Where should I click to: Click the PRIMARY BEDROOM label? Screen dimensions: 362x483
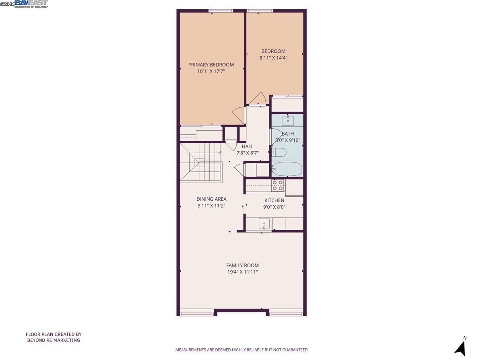211,65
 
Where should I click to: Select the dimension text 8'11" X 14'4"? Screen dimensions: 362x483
273,58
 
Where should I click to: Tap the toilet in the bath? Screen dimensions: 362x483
279,152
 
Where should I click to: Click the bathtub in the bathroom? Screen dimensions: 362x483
287,169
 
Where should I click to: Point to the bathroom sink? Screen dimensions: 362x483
288,120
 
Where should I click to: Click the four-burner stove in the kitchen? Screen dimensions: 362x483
277,185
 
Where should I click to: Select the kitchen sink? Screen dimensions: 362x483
264,223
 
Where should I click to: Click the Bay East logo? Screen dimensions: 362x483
31,4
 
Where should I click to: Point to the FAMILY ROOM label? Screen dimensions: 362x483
242,265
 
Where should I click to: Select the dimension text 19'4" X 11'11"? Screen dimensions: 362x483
242,272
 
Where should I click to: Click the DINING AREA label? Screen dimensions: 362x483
211,199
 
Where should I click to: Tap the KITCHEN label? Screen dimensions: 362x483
274,200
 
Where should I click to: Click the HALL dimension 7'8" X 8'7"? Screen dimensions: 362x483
248,153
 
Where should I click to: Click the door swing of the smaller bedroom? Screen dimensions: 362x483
257,99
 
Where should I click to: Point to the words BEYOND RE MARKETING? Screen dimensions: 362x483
54,340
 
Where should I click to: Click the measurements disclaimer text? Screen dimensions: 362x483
241,350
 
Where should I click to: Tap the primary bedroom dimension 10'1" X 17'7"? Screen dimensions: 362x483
211,71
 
